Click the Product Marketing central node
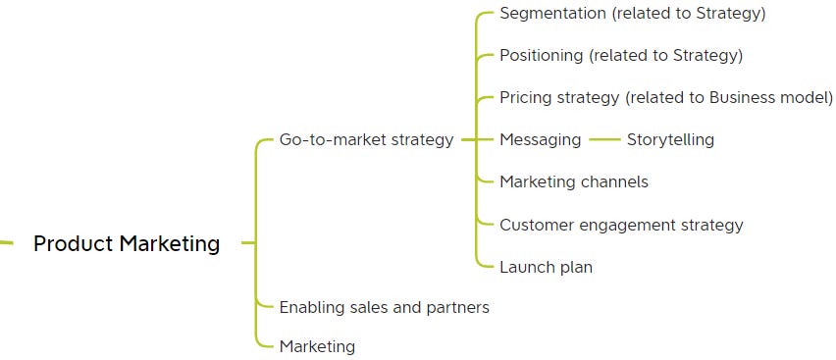tap(127, 243)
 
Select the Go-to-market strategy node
tap(366, 139)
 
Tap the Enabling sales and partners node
tap(384, 307)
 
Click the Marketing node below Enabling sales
tap(317, 346)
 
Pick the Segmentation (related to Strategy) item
tap(632, 14)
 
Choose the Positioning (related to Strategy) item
tap(620, 55)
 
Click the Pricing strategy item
tap(665, 97)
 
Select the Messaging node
tap(540, 139)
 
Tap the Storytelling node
tap(670, 139)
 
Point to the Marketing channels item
tap(573, 181)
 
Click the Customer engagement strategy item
tap(621, 225)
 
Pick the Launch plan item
tap(546, 267)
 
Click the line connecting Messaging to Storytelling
tap(604, 139)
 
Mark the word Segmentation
tap(550, 14)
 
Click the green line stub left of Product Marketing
tap(6, 242)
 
